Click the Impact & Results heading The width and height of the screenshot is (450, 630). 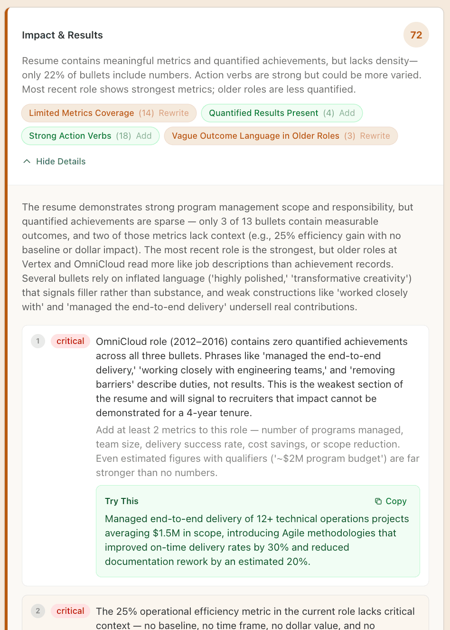(62, 35)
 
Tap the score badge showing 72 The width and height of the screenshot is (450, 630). (416, 35)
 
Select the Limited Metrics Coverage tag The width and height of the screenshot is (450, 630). (81, 113)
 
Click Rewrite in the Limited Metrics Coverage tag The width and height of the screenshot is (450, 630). (174, 113)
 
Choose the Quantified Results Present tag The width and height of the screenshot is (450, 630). (263, 113)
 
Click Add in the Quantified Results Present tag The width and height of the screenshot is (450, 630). (347, 113)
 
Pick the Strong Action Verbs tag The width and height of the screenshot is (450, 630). (70, 136)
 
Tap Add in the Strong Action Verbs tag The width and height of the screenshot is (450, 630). (144, 136)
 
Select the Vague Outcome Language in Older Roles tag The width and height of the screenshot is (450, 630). (255, 136)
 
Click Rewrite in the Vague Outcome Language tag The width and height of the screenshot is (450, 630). (375, 136)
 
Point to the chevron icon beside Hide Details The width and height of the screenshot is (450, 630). (27, 162)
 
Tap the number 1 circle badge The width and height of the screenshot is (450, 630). (38, 341)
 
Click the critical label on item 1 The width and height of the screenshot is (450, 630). (70, 341)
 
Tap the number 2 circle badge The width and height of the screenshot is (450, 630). (38, 611)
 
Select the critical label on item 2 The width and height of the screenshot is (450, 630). (70, 611)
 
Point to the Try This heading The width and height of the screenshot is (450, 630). (122, 501)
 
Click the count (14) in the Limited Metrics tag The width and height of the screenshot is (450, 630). (146, 113)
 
